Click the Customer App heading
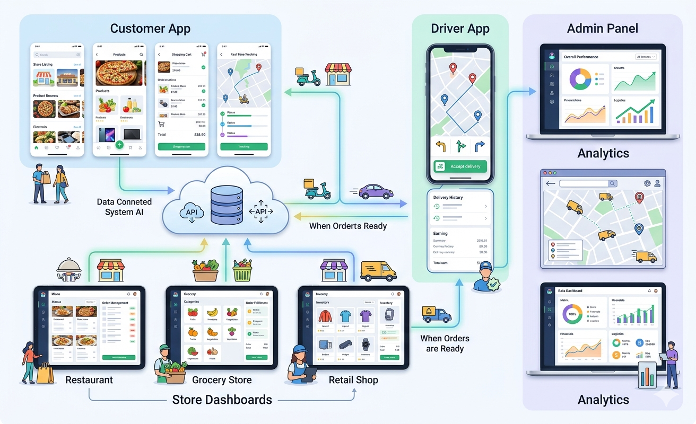(x=150, y=28)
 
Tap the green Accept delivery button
(x=460, y=166)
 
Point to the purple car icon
(x=376, y=191)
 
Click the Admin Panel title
(x=603, y=28)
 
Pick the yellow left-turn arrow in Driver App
(x=440, y=146)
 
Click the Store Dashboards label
(x=222, y=400)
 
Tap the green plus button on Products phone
(x=119, y=145)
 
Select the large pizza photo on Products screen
(x=119, y=73)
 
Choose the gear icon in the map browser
(x=647, y=183)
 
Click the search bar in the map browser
(x=588, y=183)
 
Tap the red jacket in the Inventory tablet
(x=325, y=317)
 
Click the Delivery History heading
(x=448, y=197)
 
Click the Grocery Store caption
(x=222, y=380)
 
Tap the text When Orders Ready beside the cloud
(x=348, y=226)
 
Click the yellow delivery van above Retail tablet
(x=378, y=271)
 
